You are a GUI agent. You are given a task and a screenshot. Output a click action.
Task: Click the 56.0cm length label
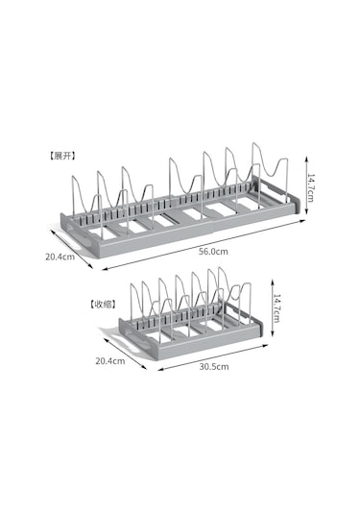(x=213, y=252)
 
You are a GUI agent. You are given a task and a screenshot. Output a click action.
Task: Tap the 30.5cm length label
(x=214, y=366)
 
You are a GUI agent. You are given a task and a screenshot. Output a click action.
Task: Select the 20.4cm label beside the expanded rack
(x=60, y=257)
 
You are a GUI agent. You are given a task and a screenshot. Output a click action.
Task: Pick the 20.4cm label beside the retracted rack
(x=110, y=361)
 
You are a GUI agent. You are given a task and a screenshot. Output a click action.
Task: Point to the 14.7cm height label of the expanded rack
(x=310, y=188)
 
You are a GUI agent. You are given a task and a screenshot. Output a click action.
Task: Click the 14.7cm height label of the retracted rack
(x=276, y=308)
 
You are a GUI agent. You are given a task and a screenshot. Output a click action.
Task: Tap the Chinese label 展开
(x=62, y=156)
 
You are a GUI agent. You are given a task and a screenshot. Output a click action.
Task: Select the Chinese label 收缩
(x=103, y=305)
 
